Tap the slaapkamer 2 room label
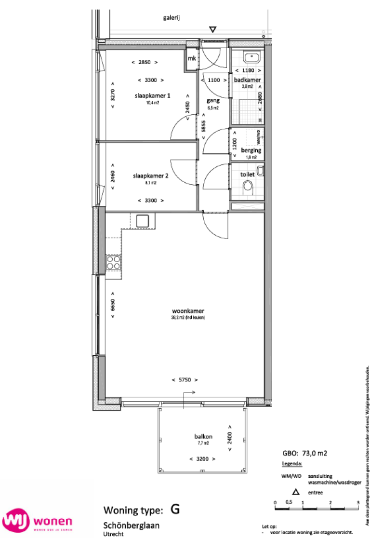point(150,176)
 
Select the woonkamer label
point(187,310)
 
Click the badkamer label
point(247,80)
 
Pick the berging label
point(251,150)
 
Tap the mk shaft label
point(192,59)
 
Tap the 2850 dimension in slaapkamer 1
point(145,62)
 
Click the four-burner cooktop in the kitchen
point(113,263)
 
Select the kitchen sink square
point(143,221)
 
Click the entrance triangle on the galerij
point(212,29)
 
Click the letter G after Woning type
point(175,509)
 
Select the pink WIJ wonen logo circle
point(16,521)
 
